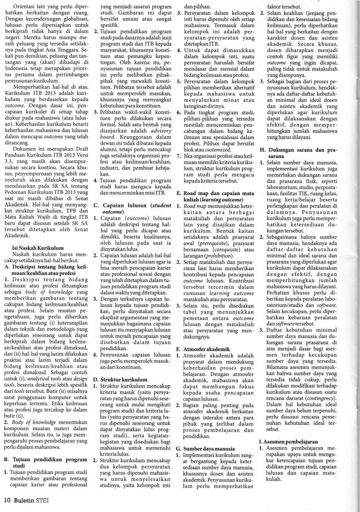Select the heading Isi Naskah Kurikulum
[37, 247]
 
